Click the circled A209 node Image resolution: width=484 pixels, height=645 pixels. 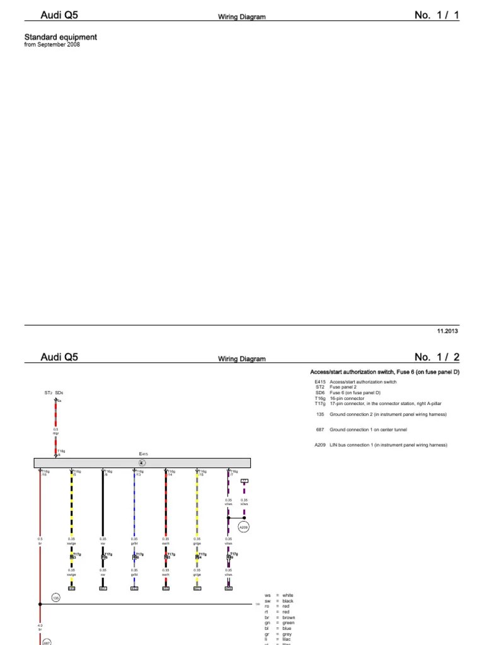coord(243,527)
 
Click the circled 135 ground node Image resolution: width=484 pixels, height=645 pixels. coord(55,597)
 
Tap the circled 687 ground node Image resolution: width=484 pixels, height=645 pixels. coord(47,642)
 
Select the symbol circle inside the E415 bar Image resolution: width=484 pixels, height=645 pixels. coord(142,463)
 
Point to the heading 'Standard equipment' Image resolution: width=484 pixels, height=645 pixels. coord(60,37)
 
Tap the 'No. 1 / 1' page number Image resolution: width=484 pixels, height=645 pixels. coord(437,15)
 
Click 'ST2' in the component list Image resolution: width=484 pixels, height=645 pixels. coord(319,387)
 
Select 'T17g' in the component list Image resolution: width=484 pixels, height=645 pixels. coord(320,403)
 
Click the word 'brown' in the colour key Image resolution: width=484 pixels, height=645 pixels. coord(289,618)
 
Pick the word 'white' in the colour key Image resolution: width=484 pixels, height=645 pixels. coord(288,595)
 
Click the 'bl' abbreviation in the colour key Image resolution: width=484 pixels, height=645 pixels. coord(267,628)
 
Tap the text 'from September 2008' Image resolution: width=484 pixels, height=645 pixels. coord(52,45)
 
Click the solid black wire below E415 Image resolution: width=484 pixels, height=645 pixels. coord(103,504)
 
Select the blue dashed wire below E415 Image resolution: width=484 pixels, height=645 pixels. coord(134,504)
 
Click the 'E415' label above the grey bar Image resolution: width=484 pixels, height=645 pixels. coord(143,454)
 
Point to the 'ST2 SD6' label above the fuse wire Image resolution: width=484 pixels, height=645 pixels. coord(54,392)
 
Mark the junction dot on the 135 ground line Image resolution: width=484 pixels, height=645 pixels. coord(40,604)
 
